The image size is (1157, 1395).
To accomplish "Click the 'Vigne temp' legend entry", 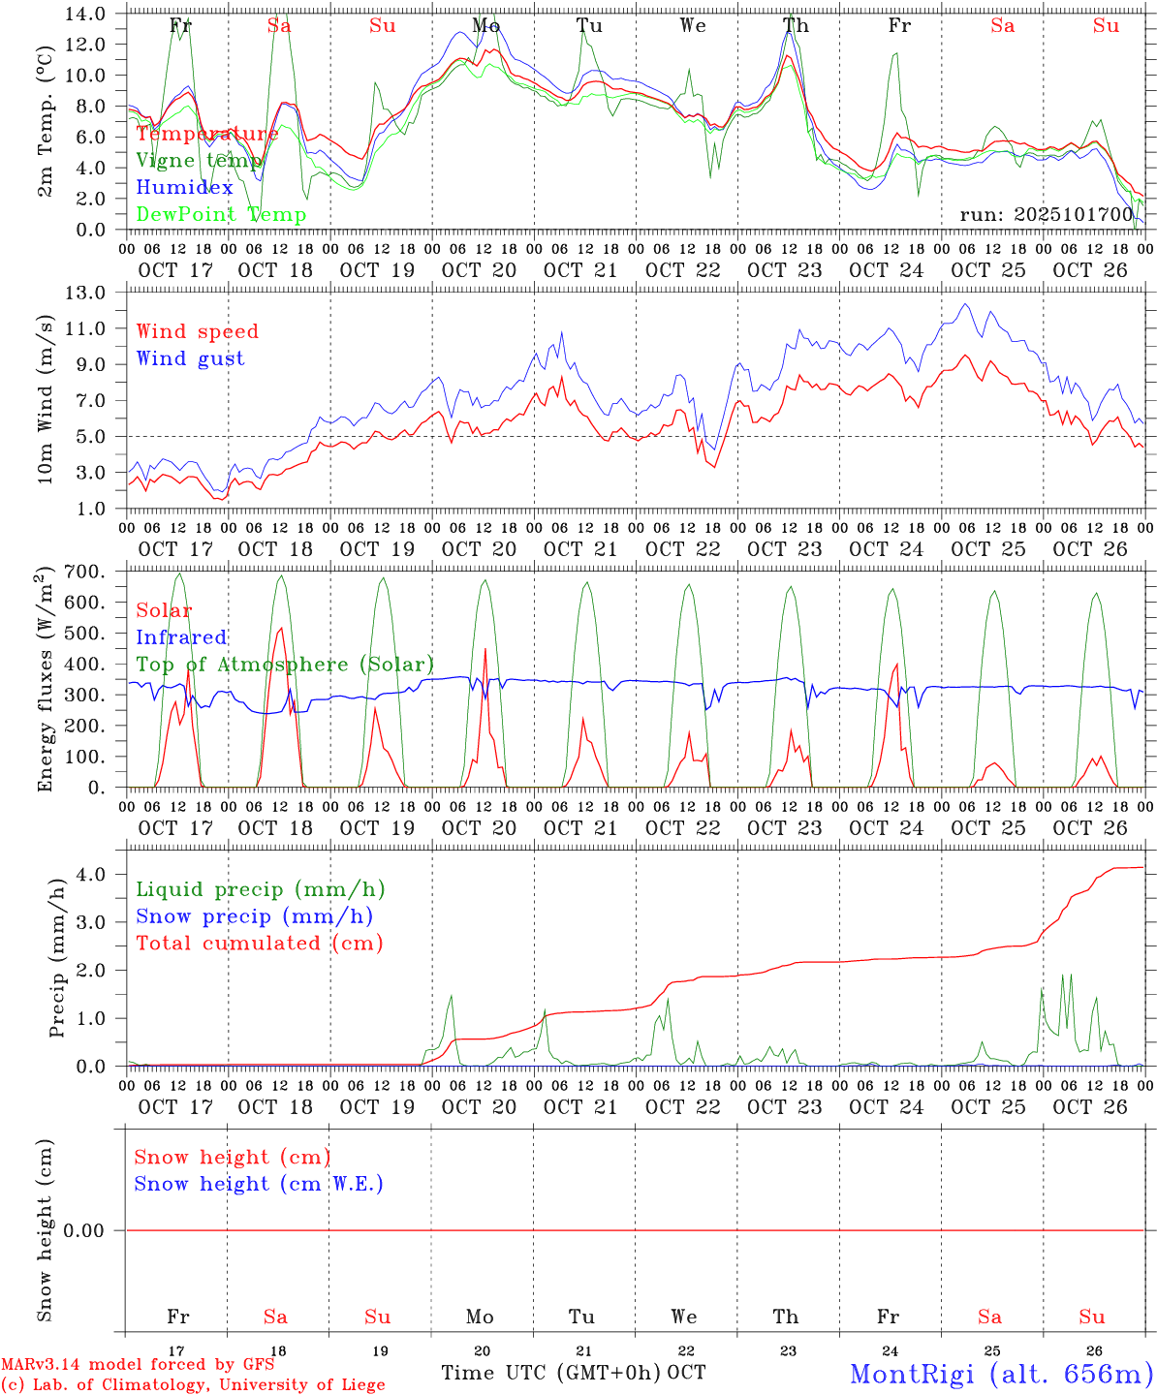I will point(199,161).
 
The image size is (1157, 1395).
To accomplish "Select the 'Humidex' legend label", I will point(184,187).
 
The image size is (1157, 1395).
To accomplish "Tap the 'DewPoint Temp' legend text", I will point(221,214).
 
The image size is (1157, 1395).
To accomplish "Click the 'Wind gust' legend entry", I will point(190,358).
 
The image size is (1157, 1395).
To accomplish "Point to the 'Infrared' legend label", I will point(181,637).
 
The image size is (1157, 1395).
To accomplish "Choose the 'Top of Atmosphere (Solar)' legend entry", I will point(285,665).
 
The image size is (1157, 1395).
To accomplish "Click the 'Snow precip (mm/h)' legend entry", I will point(254,916).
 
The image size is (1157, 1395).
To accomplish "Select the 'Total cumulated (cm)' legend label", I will point(260,943).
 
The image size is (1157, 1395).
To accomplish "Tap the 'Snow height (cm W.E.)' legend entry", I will point(259,1184).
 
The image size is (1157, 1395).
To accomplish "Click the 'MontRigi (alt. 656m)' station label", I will point(1001,1373).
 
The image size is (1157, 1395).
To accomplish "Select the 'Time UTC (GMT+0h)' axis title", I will point(550,1373).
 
